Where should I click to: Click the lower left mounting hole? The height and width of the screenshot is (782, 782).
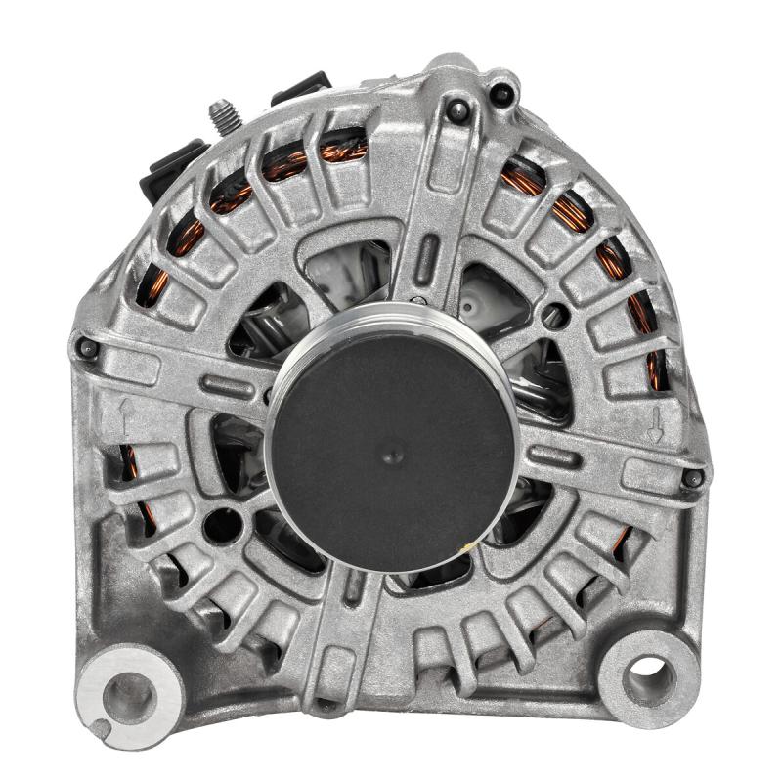[x=128, y=697]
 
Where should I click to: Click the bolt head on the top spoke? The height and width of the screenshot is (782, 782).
[x=457, y=111]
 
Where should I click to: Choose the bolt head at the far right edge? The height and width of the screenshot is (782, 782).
[x=692, y=478]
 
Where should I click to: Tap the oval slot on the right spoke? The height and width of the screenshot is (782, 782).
[x=553, y=456]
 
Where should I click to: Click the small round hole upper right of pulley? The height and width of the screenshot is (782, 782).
[x=554, y=315]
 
